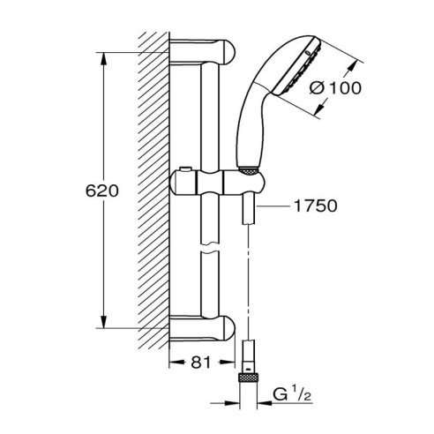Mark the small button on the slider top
click(x=188, y=170)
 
